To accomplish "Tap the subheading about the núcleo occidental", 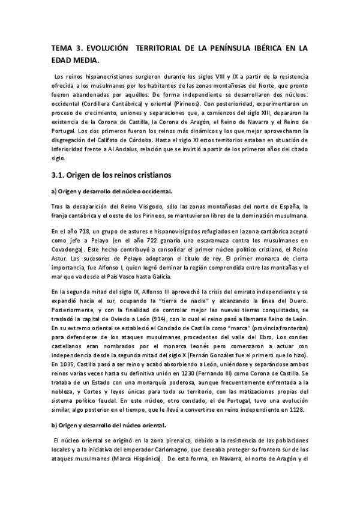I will (x=112, y=191).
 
